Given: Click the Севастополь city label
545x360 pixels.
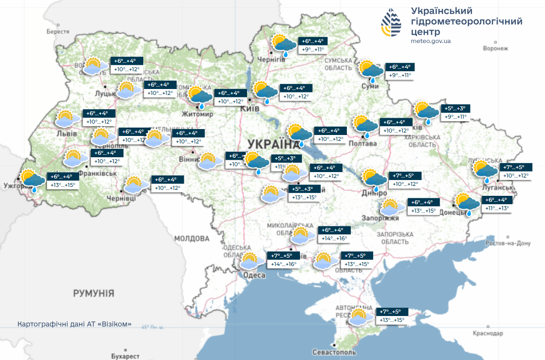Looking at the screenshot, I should coord(334,352).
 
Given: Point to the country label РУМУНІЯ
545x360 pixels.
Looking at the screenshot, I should coord(93,293).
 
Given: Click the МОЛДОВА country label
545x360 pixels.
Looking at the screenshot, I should coord(192,238).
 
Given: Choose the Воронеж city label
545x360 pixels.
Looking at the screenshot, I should coord(495,48).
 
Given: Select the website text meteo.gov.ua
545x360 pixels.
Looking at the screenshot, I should coord(430,41).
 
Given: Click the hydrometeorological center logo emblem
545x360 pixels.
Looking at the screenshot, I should coord(391,23).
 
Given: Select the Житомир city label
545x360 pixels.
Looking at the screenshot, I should coord(198,114).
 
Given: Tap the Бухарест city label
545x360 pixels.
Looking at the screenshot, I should coord(125,356).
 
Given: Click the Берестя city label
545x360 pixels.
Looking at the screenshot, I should coord(58,32).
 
